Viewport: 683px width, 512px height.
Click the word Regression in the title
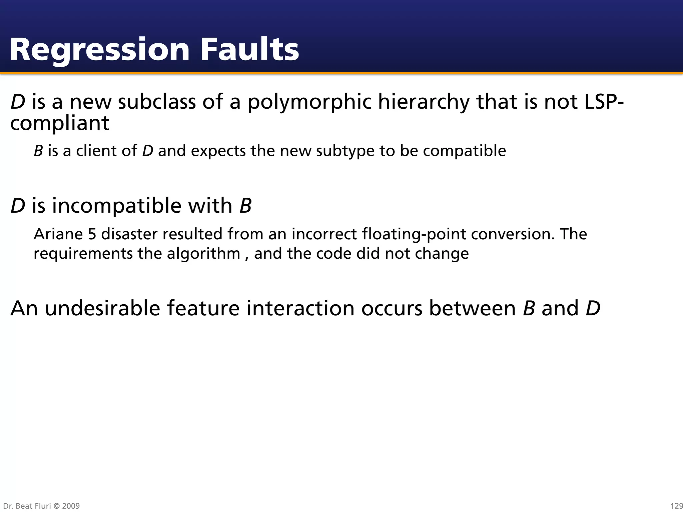(99, 50)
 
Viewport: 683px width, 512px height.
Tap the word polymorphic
(309, 102)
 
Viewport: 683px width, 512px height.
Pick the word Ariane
(58, 234)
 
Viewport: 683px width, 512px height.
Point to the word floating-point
(414, 234)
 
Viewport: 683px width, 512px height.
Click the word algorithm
(203, 254)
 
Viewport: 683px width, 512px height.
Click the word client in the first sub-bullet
(96, 151)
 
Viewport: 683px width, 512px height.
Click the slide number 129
(676, 506)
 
